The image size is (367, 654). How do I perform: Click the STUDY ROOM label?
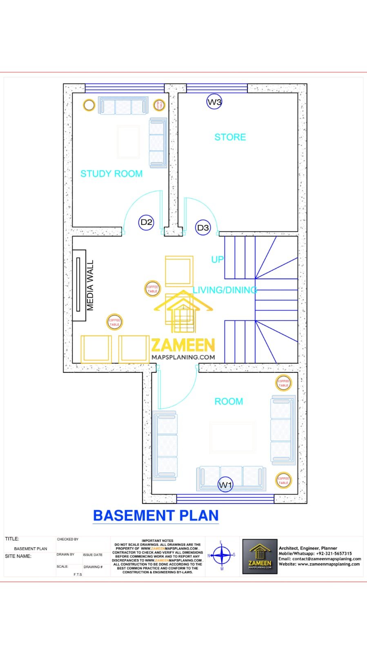click(x=111, y=174)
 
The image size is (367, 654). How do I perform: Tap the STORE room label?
click(x=230, y=137)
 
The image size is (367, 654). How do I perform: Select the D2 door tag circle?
click(x=146, y=222)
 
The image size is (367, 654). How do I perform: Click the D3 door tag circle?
click(x=203, y=228)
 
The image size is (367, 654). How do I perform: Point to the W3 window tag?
click(x=214, y=102)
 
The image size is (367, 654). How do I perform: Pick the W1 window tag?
click(x=225, y=485)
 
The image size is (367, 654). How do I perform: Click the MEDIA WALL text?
click(x=90, y=285)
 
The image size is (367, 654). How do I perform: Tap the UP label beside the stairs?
click(x=217, y=259)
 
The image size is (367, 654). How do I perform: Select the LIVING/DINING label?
click(x=225, y=290)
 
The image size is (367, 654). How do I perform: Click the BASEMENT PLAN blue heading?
click(x=156, y=515)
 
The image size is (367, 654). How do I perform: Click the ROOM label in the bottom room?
click(x=229, y=401)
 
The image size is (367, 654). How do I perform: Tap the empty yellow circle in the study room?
click(x=89, y=105)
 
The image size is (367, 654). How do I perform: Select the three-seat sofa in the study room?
click(x=123, y=106)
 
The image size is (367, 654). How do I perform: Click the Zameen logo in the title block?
click(x=260, y=556)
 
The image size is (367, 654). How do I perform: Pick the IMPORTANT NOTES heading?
click(x=158, y=540)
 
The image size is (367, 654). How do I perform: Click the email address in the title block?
click(x=320, y=559)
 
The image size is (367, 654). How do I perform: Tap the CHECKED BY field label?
click(x=68, y=539)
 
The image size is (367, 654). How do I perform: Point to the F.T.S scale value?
click(x=78, y=574)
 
